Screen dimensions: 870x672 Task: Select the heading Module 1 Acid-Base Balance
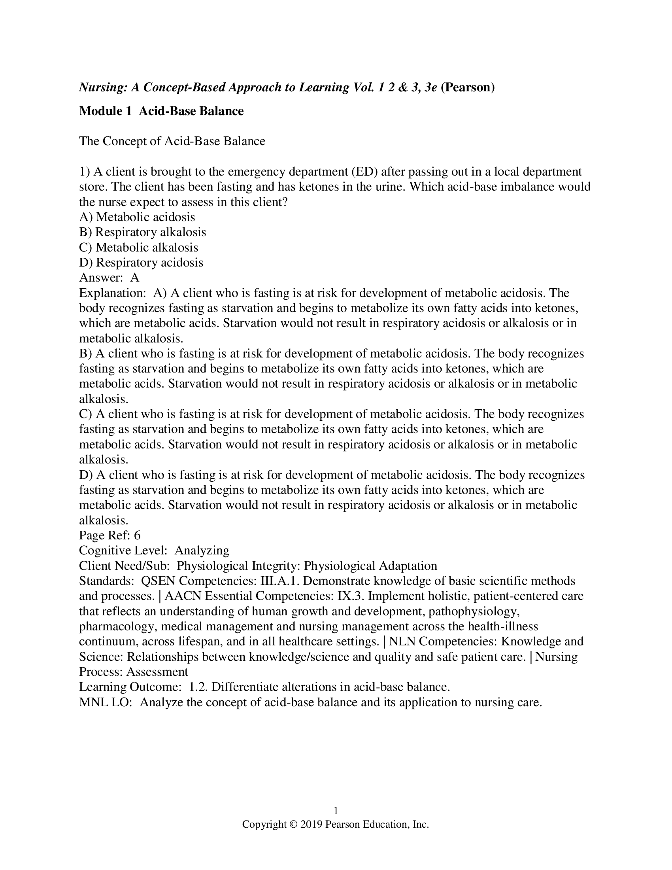coord(161,111)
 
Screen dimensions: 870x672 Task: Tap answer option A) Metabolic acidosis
coord(137,217)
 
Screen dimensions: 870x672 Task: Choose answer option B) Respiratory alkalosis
coord(143,232)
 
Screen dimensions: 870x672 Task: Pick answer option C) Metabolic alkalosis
coord(138,248)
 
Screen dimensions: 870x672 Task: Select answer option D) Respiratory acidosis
coord(141,263)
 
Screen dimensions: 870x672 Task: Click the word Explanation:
coord(113,293)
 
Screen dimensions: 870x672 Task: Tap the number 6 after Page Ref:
coord(137,535)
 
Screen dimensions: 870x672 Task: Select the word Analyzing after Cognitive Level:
coord(202,550)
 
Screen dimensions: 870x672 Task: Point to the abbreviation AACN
coord(182,596)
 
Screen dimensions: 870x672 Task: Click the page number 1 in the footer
coord(336,811)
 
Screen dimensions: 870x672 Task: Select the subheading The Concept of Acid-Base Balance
coord(172,142)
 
